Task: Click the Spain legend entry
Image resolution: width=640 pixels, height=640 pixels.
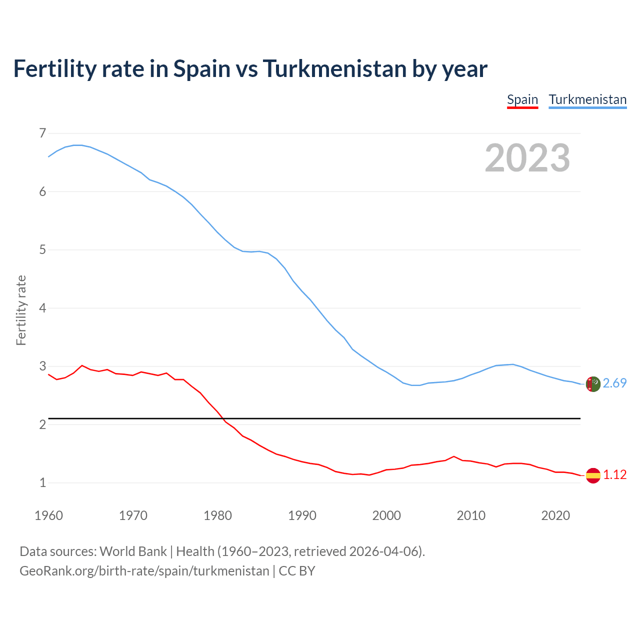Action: click(x=522, y=99)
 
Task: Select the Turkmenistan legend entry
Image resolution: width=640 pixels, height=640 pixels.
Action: click(x=587, y=99)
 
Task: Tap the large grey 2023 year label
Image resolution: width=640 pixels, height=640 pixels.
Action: click(x=527, y=158)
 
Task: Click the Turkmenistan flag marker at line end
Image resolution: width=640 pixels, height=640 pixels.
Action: click(x=593, y=384)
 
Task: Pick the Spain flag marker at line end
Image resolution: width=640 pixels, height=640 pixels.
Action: click(x=593, y=475)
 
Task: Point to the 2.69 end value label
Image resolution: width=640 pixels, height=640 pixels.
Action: click(x=614, y=383)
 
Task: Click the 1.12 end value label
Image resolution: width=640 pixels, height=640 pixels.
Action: click(x=614, y=474)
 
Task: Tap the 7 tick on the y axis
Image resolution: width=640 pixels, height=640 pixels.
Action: click(x=42, y=133)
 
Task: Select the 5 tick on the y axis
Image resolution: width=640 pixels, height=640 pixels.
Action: click(x=42, y=249)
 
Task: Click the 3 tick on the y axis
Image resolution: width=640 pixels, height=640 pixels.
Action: click(x=42, y=366)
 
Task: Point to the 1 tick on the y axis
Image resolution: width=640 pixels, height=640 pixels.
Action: click(x=42, y=482)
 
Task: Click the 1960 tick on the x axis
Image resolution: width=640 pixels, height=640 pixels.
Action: click(x=48, y=515)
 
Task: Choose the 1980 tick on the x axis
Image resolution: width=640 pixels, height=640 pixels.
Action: click(x=217, y=515)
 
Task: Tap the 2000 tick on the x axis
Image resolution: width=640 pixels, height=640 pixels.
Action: click(x=386, y=515)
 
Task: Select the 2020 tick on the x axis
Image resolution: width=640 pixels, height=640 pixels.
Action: click(x=555, y=515)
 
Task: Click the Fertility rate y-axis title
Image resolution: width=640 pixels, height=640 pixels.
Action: click(x=21, y=310)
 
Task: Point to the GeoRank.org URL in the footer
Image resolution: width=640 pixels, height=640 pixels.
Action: click(x=144, y=571)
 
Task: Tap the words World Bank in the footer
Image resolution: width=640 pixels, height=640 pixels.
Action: click(x=133, y=551)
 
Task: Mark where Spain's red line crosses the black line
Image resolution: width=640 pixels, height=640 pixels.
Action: click(x=222, y=418)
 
